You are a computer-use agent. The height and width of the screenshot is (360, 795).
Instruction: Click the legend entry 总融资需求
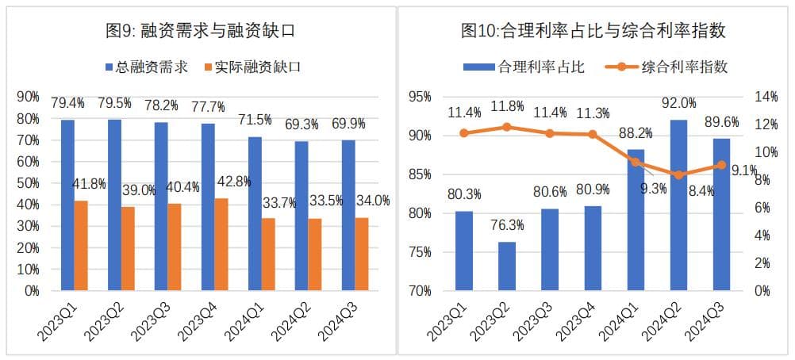pos(147,67)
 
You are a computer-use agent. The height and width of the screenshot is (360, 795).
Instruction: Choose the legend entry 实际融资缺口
pos(252,67)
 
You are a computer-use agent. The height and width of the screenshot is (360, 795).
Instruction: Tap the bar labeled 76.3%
pos(507,266)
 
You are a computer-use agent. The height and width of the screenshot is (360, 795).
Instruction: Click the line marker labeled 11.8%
pos(507,127)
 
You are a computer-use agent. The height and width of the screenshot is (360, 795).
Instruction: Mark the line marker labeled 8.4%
pos(678,174)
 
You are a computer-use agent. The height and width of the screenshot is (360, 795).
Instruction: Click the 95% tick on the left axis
pos(421,97)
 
